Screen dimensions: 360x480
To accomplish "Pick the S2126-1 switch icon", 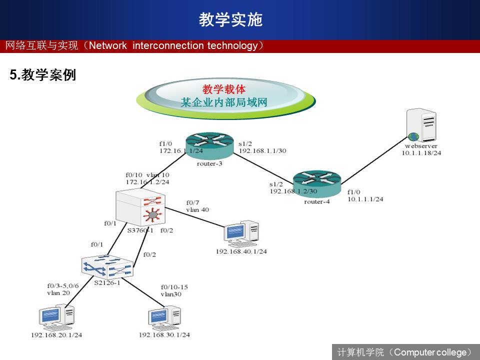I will point(108,266).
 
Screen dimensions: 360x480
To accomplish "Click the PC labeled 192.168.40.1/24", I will point(241,234).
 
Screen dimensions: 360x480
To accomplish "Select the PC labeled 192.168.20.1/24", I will point(57,318).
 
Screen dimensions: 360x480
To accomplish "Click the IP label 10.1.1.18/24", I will point(421,153).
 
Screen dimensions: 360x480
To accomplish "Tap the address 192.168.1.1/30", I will point(262,150).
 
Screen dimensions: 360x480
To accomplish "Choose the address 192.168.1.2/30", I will point(293,191).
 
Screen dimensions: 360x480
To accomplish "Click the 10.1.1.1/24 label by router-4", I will point(365,198).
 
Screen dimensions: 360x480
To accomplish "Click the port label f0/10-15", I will point(174,287).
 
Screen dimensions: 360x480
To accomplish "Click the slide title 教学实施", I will point(230,19).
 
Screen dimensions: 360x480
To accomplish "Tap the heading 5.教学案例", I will point(43,75).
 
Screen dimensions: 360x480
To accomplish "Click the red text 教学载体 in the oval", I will point(224,89).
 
